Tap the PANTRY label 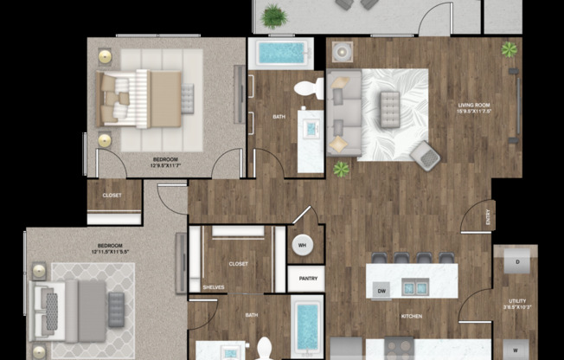[305, 280]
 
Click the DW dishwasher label [381, 292]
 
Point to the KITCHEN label [411, 317]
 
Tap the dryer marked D [516, 261]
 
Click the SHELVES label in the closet [214, 287]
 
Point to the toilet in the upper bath [308, 88]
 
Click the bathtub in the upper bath [279, 54]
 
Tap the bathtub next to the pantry [306, 326]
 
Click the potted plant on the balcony [274, 16]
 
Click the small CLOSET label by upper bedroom [112, 195]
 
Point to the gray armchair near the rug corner [425, 154]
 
